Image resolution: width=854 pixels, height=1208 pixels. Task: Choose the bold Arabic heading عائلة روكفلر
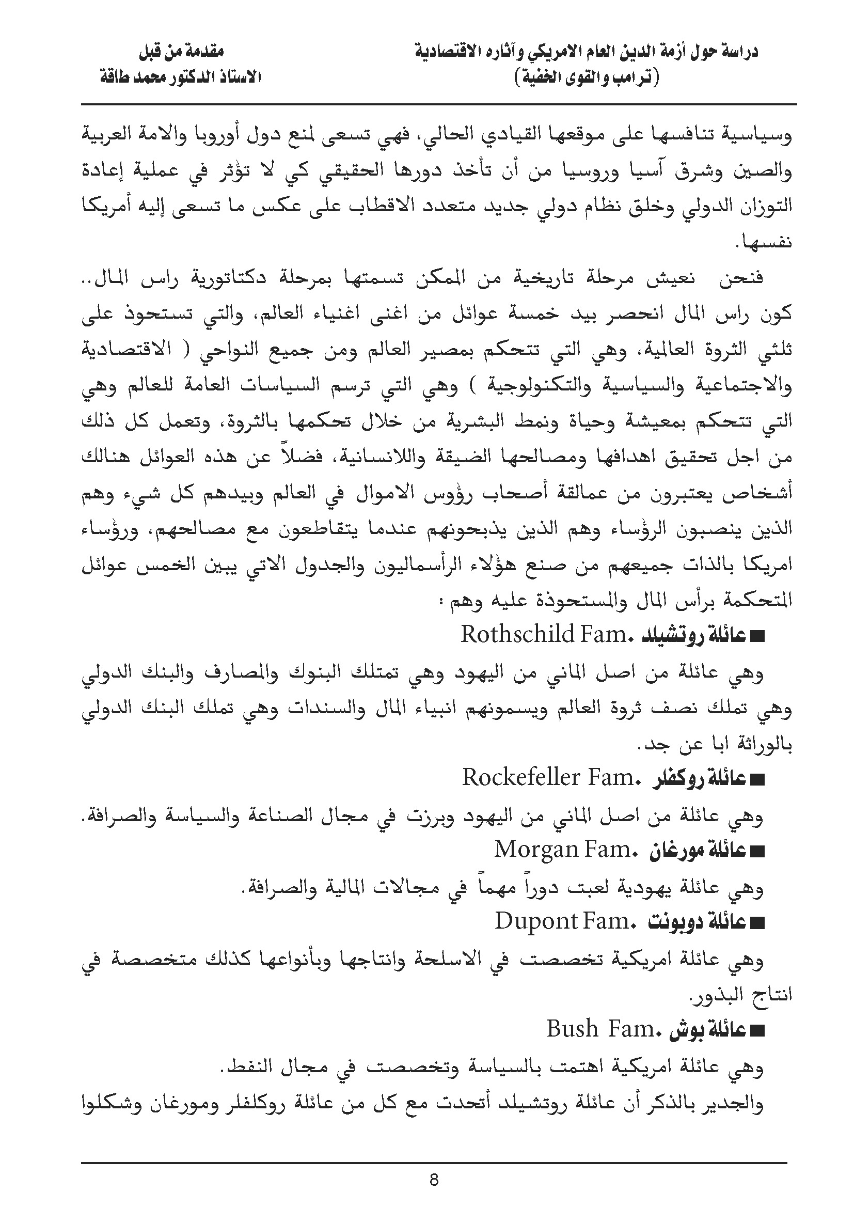(700, 779)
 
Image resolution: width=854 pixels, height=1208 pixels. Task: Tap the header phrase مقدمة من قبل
(181, 52)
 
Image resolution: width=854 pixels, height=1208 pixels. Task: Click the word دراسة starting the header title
(735, 52)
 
